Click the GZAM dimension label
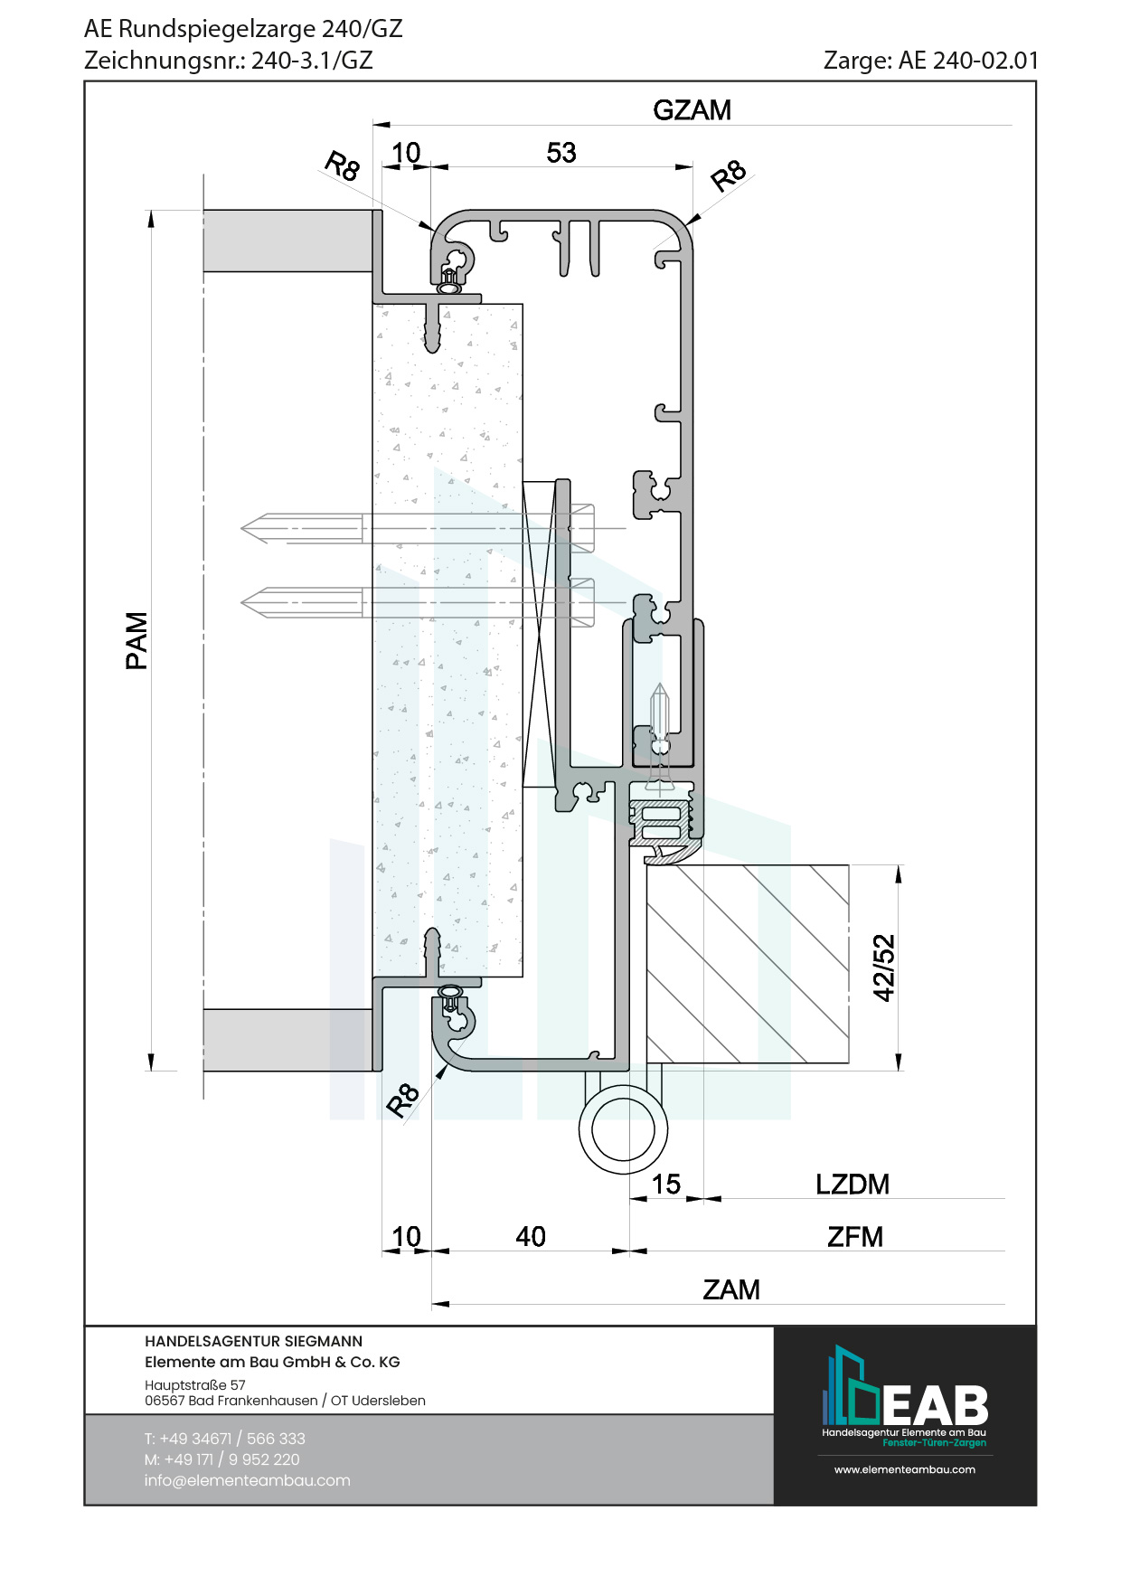point(692,110)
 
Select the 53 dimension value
point(560,153)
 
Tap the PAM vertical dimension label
point(137,640)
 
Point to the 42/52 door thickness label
point(883,968)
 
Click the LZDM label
point(852,1184)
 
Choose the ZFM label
point(854,1236)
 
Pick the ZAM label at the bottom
point(730,1289)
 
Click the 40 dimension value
point(531,1236)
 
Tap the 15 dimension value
point(665,1184)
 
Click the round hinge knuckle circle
point(624,1129)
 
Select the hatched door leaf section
point(747,964)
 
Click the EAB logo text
point(935,1406)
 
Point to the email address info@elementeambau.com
point(247,1480)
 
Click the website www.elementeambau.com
point(904,1469)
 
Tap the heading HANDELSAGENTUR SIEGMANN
point(253,1341)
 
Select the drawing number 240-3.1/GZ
point(312,61)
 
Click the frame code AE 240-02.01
point(968,61)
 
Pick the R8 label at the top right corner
point(729,175)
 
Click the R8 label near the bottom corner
point(402,1099)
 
